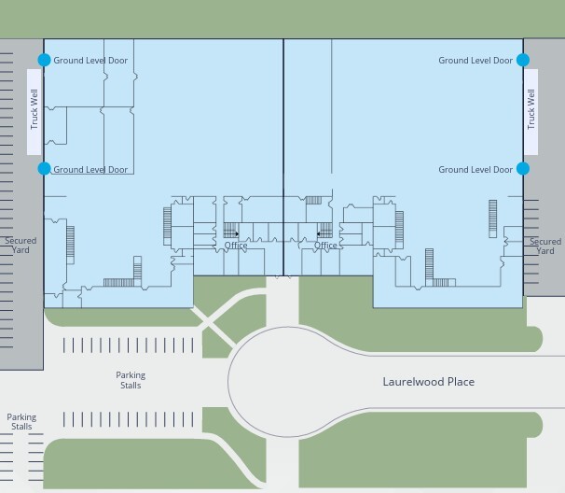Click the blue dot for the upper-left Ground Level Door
pyautogui.click(x=45, y=60)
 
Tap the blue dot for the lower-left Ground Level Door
pyautogui.click(x=45, y=169)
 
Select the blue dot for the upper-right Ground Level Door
pyautogui.click(x=523, y=60)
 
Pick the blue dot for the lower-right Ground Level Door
pyautogui.click(x=523, y=169)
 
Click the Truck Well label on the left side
pyautogui.click(x=34, y=109)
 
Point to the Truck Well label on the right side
pyautogui.click(x=531, y=109)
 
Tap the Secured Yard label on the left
pyautogui.click(x=21, y=245)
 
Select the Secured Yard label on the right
pyautogui.click(x=545, y=246)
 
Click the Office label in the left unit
pyautogui.click(x=236, y=246)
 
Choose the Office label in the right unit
pyautogui.click(x=325, y=246)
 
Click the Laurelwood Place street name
pyautogui.click(x=429, y=382)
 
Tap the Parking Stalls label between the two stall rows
pyautogui.click(x=131, y=380)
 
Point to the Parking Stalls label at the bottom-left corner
pyautogui.click(x=21, y=421)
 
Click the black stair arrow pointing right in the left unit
pyautogui.click(x=237, y=233)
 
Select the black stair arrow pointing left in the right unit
pyautogui.click(x=319, y=233)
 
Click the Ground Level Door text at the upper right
pyautogui.click(x=475, y=61)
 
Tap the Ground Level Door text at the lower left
pyautogui.click(x=90, y=170)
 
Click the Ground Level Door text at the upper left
pyautogui.click(x=90, y=61)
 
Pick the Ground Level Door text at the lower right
pyautogui.click(x=475, y=170)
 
